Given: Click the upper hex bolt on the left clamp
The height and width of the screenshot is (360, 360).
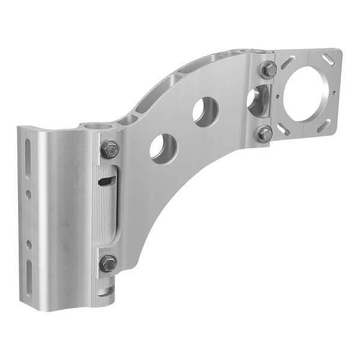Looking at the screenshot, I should click(x=109, y=149).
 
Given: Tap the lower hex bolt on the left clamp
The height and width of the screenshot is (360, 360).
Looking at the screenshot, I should click(x=108, y=263).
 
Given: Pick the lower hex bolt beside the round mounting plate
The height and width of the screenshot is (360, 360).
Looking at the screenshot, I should click(x=265, y=133).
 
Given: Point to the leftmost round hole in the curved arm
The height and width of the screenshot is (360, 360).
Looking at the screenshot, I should click(x=163, y=148).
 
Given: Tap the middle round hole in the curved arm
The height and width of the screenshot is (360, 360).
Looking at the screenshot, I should click(x=205, y=111).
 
